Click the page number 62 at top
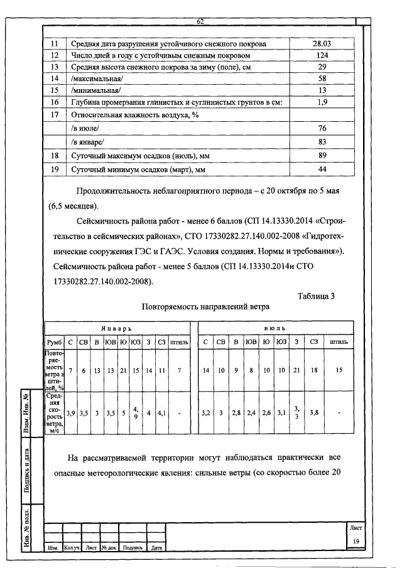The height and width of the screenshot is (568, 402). pos(201,22)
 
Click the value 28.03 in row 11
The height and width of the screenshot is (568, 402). pos(322,44)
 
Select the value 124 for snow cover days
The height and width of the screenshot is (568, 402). pos(322,55)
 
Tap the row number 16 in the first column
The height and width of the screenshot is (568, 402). pos(55,102)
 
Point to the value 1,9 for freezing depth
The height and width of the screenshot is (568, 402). pos(322,102)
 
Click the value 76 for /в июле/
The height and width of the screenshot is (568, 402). pos(322,128)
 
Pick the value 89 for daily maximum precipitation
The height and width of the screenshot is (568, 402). pos(322,155)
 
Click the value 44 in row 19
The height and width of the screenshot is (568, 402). pos(322,169)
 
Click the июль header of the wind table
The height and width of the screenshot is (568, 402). pos(274,328)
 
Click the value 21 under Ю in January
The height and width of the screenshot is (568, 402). pos(124,370)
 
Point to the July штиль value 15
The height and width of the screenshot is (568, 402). pos(339,370)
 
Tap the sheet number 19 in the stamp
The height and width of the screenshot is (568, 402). pos(356,541)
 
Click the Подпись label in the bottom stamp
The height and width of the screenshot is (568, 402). pos(133,548)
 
